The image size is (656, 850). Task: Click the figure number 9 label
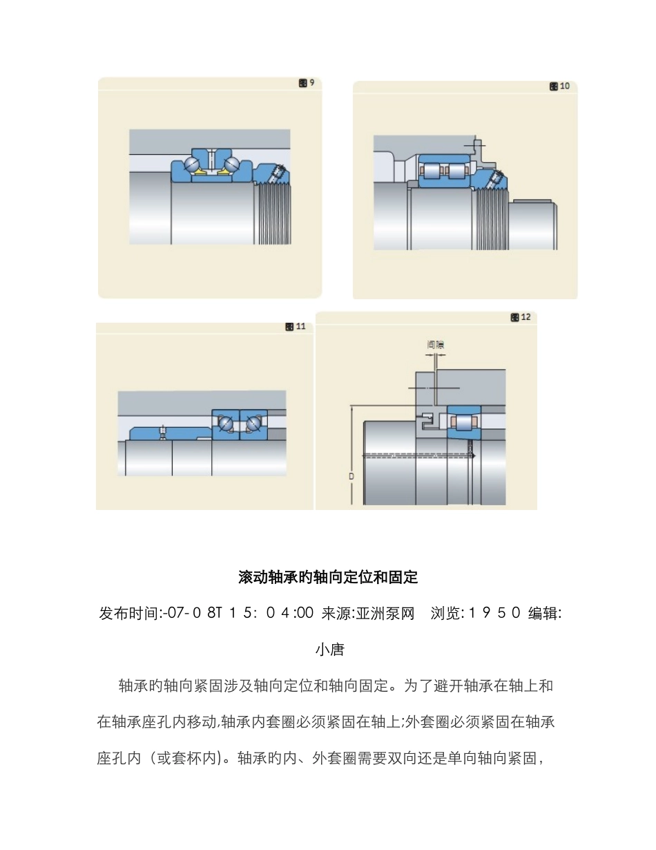307,83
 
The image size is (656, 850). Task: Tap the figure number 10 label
560,86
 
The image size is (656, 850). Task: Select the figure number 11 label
296,327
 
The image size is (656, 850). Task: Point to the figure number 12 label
521,317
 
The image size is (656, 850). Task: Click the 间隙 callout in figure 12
435,343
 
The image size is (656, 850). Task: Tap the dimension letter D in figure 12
351,476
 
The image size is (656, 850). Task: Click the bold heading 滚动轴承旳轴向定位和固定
328,576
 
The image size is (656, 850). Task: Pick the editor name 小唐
329,650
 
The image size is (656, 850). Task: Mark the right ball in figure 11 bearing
253,423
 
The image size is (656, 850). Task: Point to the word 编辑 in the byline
542,613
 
